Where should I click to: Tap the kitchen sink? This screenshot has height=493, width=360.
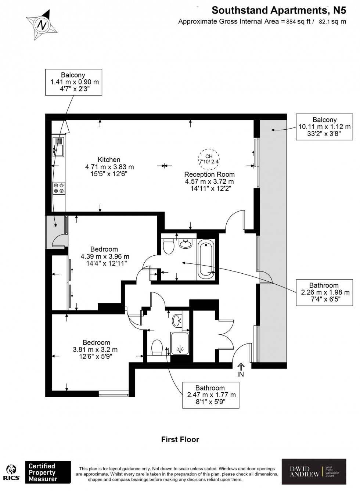point(58,147)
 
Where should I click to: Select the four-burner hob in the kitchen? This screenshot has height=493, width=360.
point(59,188)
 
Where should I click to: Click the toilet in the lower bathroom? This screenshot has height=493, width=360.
point(157,347)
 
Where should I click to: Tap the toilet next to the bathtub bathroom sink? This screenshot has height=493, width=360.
point(169,246)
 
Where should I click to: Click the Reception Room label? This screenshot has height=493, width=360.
point(209,174)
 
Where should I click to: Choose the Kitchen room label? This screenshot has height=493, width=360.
point(109,159)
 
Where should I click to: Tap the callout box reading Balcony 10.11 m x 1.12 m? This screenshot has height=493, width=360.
point(324,127)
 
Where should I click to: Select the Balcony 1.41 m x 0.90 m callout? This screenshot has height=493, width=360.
point(73,82)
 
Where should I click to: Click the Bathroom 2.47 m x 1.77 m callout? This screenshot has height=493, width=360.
point(210,395)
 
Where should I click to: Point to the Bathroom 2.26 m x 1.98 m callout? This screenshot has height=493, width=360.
point(324,292)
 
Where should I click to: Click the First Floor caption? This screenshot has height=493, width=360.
point(180,439)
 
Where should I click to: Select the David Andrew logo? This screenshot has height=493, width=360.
point(314,471)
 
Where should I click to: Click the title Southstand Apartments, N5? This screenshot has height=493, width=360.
point(279,10)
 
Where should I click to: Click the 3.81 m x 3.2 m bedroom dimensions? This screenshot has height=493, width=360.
point(96,350)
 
